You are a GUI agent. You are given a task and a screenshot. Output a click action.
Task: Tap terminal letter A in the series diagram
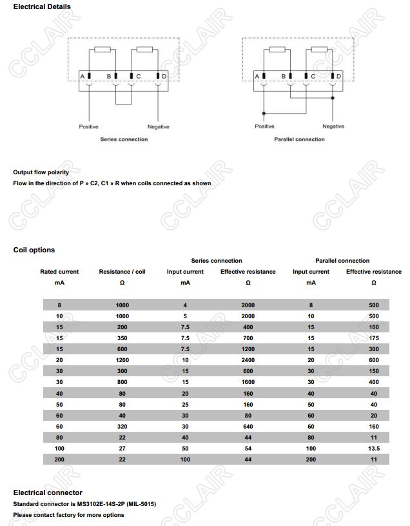(82, 77)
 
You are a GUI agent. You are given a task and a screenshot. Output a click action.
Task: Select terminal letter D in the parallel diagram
(339, 77)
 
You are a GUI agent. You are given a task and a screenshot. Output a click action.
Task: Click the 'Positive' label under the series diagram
(88, 126)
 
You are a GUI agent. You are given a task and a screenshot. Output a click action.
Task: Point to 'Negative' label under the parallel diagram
(333, 126)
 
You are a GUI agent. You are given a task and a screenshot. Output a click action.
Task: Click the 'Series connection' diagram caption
(124, 139)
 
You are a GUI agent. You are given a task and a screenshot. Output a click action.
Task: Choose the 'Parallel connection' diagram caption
(299, 139)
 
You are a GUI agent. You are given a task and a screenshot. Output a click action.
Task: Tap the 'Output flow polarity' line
(41, 172)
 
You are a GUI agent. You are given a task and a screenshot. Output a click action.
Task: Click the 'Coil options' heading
(34, 250)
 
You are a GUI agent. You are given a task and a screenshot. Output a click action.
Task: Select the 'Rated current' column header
(59, 272)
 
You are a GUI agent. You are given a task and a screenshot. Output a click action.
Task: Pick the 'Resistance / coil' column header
(122, 272)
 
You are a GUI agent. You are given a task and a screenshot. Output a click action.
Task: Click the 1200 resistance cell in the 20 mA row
(122, 359)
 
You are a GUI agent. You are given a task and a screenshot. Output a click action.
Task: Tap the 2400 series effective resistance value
(248, 359)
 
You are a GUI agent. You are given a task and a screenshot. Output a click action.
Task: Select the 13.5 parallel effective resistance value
(374, 447)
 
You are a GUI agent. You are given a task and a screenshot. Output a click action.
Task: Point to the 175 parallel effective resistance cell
(374, 338)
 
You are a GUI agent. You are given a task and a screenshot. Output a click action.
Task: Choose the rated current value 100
(59, 447)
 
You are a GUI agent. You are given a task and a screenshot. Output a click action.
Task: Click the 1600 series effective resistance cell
(248, 381)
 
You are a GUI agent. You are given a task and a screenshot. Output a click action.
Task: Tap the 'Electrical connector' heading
(48, 492)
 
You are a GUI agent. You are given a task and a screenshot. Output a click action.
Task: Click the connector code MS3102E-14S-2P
(104, 504)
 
